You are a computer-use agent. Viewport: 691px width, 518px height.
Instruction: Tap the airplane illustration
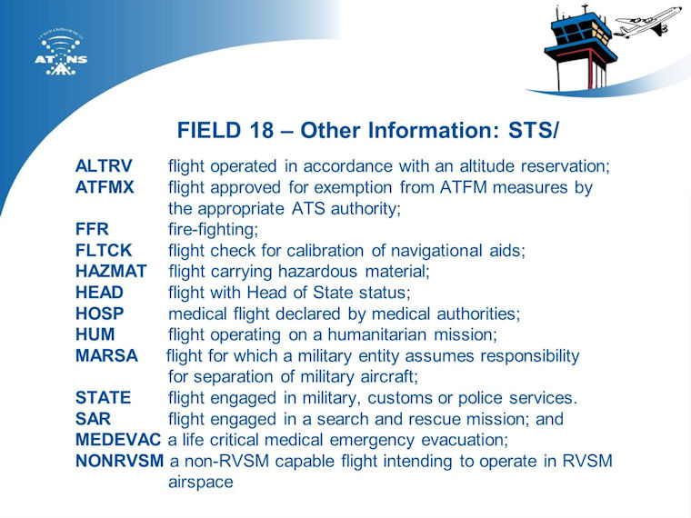[x=647, y=22]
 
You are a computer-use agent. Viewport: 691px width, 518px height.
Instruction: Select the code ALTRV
[x=104, y=166]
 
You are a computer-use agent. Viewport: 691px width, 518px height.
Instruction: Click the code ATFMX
[x=105, y=187]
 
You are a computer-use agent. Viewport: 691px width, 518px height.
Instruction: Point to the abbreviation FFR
[x=92, y=229]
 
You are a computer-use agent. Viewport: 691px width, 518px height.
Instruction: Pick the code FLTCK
[x=104, y=250]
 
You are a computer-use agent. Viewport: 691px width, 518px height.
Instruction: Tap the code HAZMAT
[x=111, y=272]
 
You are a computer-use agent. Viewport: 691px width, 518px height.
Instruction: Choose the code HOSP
[x=100, y=314]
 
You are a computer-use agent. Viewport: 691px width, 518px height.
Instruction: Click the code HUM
[x=95, y=334]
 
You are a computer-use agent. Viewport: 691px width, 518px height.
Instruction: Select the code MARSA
[x=106, y=355]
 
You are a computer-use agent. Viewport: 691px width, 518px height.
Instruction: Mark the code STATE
[x=103, y=398]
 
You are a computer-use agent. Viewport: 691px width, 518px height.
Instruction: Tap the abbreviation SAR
[x=93, y=419]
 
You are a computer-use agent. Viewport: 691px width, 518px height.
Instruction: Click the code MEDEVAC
[x=118, y=440]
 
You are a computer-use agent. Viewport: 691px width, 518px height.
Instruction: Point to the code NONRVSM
[x=119, y=461]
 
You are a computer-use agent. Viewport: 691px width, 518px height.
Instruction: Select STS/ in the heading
[x=533, y=130]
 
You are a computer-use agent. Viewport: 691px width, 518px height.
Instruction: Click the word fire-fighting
[x=214, y=230]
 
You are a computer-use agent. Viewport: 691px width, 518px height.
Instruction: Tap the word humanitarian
[x=377, y=334]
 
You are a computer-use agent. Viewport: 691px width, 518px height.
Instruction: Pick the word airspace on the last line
[x=201, y=483]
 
